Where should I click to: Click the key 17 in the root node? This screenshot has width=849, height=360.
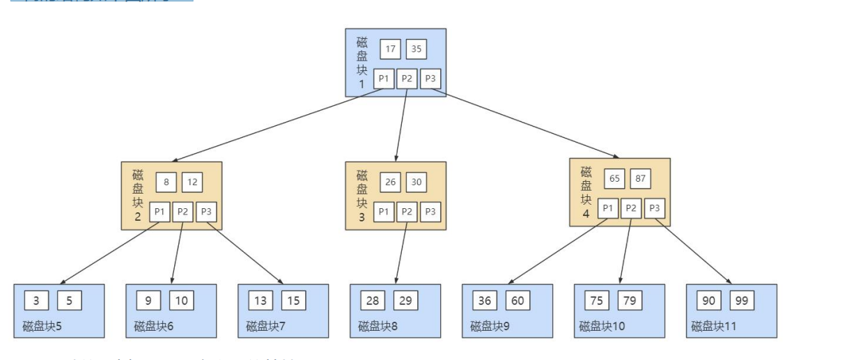[390, 49]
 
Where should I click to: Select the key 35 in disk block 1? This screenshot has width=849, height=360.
[416, 49]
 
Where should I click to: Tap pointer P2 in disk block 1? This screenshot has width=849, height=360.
[407, 79]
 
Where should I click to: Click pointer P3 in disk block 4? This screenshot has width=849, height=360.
[655, 208]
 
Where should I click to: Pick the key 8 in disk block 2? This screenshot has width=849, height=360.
[166, 182]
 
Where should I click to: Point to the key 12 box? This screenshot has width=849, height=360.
[192, 182]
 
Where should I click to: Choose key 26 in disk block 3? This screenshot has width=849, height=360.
[390, 182]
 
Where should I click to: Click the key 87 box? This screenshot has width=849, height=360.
[641, 178]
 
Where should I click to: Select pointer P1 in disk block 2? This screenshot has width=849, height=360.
[160, 212]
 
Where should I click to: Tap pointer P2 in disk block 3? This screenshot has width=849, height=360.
[407, 212]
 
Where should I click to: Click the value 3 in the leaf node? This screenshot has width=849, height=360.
[36, 300]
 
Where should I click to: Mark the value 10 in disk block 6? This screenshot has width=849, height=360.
[182, 300]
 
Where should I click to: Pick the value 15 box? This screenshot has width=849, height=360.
[294, 300]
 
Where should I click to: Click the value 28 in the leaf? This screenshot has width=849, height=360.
[373, 300]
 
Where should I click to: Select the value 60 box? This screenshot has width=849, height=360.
[518, 300]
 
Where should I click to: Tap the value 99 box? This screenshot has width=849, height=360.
[742, 300]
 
